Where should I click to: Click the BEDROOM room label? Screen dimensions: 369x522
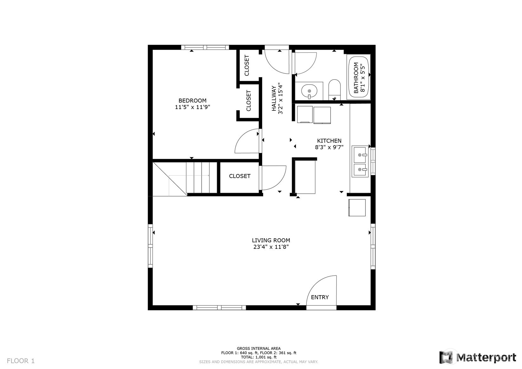point(192,100)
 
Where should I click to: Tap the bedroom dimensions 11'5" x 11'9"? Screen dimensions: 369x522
point(192,107)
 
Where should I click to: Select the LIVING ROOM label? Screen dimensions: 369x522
point(271,240)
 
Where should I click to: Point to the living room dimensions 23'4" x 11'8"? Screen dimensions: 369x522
point(271,247)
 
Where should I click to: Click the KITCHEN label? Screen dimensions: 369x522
point(329,141)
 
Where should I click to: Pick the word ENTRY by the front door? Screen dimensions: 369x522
point(320,297)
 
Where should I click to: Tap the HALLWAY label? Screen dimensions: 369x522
point(274,98)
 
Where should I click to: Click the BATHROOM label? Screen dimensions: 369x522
point(356,78)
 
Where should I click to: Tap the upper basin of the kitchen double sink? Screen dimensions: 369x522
point(360,154)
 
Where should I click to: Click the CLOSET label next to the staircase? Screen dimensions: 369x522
point(240,176)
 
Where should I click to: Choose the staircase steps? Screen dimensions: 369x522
point(201,178)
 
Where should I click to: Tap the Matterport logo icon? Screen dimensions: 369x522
point(446,357)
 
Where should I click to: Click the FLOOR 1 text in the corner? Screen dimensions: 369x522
point(21,361)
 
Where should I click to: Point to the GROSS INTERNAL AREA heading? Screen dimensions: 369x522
point(259,348)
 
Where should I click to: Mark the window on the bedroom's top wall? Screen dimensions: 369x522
point(205,48)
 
